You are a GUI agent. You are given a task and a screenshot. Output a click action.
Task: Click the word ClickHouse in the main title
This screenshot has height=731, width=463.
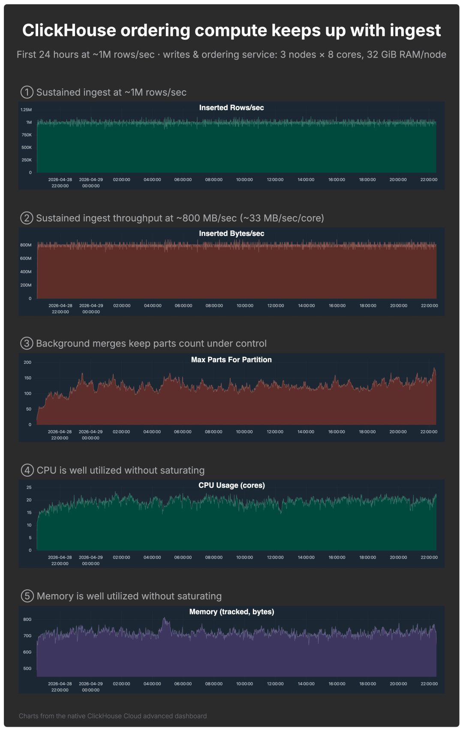click(x=69, y=30)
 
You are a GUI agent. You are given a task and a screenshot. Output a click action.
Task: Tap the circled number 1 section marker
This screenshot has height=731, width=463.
click(x=27, y=92)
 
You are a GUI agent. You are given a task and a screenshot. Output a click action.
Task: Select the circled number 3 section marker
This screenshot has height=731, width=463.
click(x=27, y=343)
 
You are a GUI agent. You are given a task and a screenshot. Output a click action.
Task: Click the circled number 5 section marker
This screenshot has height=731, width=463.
click(x=27, y=596)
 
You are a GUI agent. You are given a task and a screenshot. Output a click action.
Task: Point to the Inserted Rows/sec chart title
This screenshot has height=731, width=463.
click(x=231, y=108)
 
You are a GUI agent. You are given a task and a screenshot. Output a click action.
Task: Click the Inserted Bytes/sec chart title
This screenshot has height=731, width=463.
click(x=231, y=233)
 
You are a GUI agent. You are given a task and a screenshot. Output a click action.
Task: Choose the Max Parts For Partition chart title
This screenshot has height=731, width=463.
click(x=231, y=359)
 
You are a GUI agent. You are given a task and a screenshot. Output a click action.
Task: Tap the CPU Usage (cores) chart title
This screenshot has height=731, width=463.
click(x=231, y=485)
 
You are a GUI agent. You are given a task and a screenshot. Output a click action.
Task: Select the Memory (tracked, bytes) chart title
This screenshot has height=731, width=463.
click(x=231, y=612)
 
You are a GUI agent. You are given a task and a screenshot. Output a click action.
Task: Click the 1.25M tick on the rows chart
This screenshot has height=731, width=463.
click(x=26, y=110)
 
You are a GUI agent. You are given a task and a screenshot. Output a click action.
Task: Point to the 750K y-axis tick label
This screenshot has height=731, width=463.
click(x=27, y=135)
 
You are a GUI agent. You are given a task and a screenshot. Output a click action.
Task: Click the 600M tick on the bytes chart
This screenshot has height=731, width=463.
click(x=26, y=258)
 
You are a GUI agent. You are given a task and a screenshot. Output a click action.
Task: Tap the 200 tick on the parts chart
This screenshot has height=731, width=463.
click(x=27, y=362)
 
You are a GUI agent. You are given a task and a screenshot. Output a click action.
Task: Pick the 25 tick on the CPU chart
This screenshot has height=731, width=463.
click(x=29, y=487)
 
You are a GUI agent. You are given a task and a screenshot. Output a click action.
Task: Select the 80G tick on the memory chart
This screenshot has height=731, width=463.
click(x=27, y=619)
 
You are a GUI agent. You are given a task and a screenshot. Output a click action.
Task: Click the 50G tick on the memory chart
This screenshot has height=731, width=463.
click(x=27, y=668)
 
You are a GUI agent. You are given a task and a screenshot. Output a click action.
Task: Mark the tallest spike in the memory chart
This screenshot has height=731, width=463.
click(x=164, y=618)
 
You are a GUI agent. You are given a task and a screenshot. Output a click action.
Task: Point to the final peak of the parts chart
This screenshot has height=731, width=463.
click(x=434, y=368)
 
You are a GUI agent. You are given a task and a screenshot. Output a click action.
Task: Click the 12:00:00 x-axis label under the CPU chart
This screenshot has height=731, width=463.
click(x=275, y=557)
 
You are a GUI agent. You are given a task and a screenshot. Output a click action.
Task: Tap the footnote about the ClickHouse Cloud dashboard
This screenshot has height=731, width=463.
click(x=112, y=716)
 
